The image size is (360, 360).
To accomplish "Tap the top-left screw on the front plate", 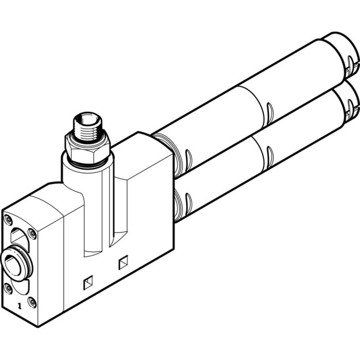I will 9,221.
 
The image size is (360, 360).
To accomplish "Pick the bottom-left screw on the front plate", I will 9,288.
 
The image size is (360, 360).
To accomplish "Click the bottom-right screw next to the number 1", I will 32,301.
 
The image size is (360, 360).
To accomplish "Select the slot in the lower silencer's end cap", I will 351,109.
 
